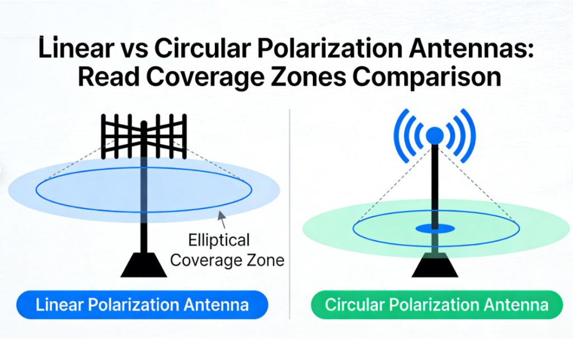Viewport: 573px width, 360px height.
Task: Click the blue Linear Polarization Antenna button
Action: [142, 305]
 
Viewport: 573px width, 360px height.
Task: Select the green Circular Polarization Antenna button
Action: [436, 305]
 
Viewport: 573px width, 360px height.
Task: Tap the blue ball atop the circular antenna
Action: [434, 135]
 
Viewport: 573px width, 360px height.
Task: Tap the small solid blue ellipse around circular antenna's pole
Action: [435, 228]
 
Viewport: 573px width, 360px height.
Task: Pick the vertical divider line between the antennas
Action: [290, 224]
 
